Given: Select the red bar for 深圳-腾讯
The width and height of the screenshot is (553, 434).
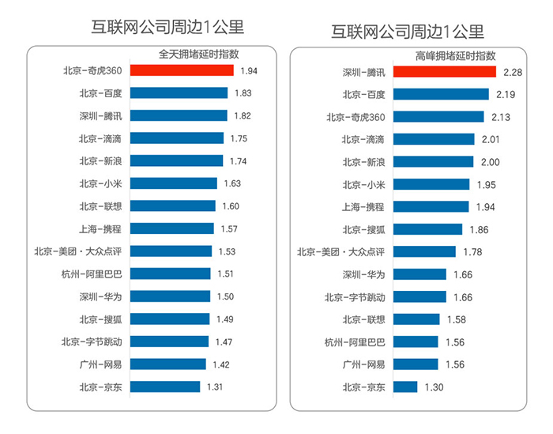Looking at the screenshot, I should point(444,72).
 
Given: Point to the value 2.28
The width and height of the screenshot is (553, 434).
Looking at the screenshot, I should point(510,73).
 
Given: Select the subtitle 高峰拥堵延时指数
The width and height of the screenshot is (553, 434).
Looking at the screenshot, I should point(455,56).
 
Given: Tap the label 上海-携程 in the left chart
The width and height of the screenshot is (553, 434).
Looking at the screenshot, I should point(100,229).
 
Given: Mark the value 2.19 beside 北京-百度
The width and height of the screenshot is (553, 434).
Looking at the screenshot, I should point(506,95).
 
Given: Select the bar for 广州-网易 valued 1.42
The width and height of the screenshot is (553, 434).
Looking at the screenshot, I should point(167,364).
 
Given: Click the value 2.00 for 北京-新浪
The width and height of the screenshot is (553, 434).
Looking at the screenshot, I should point(490,162).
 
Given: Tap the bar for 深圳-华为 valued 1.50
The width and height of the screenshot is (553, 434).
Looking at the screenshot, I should point(170,296).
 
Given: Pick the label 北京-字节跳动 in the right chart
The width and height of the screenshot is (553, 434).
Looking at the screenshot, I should point(355,297).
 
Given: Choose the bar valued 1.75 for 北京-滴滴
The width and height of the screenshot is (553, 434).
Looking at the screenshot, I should point(176,138).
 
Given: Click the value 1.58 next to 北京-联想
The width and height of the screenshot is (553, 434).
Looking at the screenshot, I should point(456,320).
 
